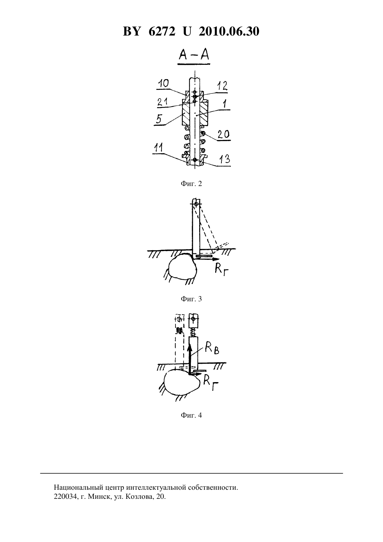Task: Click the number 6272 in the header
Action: click(162, 31)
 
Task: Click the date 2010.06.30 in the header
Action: click(229, 31)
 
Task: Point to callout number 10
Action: click(163, 84)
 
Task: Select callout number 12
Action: click(222, 86)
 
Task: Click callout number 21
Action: click(163, 102)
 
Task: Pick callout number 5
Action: click(158, 119)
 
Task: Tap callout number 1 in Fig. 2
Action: click(225, 104)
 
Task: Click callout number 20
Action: click(224, 134)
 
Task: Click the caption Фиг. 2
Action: click(191, 184)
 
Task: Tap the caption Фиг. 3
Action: click(191, 299)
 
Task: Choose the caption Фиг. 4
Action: click(191, 415)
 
